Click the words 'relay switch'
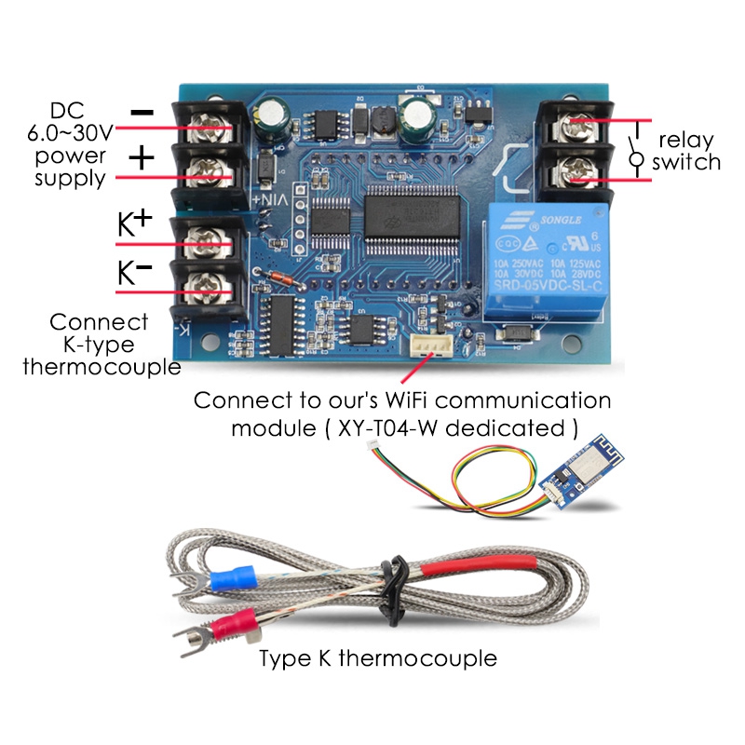[686, 151]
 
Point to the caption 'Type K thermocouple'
[377, 658]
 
